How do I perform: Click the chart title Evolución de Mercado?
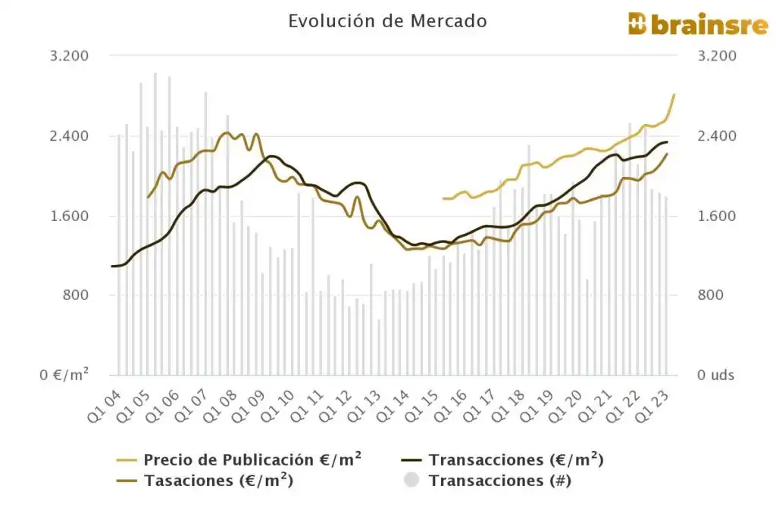click(x=387, y=21)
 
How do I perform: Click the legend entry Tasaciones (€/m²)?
click(x=218, y=480)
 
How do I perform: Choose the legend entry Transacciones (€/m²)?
click(x=515, y=459)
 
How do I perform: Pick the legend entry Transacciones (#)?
click(x=499, y=480)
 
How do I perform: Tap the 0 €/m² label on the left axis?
click(x=64, y=375)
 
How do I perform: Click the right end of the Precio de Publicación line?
click(x=674, y=95)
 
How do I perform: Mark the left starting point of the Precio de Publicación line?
click(x=443, y=198)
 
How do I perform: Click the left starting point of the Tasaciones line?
click(x=148, y=197)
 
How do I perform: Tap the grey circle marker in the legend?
click(x=411, y=480)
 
